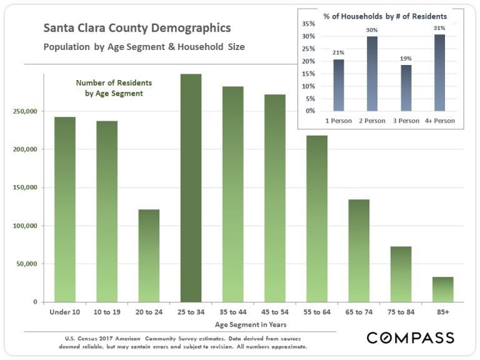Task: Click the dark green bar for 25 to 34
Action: click(191, 187)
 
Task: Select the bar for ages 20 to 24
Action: click(149, 256)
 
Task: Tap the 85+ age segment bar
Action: click(442, 289)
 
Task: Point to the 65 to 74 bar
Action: click(359, 251)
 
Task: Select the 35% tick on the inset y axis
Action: click(308, 24)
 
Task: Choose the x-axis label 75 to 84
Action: click(401, 312)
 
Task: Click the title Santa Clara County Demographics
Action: click(136, 28)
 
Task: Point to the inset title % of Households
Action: click(384, 16)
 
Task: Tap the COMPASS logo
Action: click(410, 338)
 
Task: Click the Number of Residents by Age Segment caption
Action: click(114, 88)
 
